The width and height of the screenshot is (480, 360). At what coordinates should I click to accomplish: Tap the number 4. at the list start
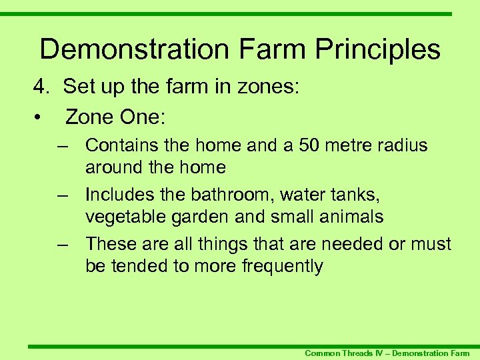[x=43, y=87]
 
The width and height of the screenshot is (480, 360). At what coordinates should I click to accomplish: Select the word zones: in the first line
[x=273, y=87]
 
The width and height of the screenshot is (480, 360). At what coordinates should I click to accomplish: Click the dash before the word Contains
[x=63, y=145]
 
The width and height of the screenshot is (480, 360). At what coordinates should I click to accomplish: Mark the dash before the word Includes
[x=63, y=195]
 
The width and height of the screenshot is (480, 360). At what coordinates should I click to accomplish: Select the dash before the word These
[x=63, y=244]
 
